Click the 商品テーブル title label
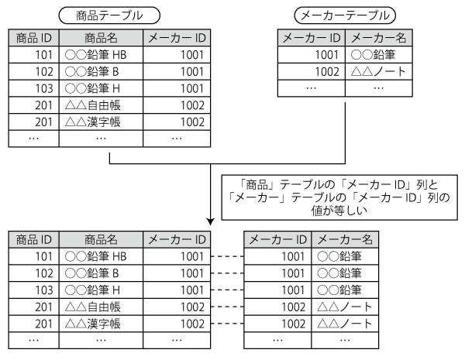[109, 15]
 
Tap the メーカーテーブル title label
[345, 15]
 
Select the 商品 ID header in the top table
[34, 38]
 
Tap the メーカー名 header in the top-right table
[379, 38]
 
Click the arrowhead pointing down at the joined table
[211, 221]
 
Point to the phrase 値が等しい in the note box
[339, 211]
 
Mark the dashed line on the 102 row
[227, 273]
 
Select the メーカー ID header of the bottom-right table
[277, 239]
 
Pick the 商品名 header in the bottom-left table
[101, 239]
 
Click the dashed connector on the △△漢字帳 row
[227, 324]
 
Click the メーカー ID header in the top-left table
[177, 38]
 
